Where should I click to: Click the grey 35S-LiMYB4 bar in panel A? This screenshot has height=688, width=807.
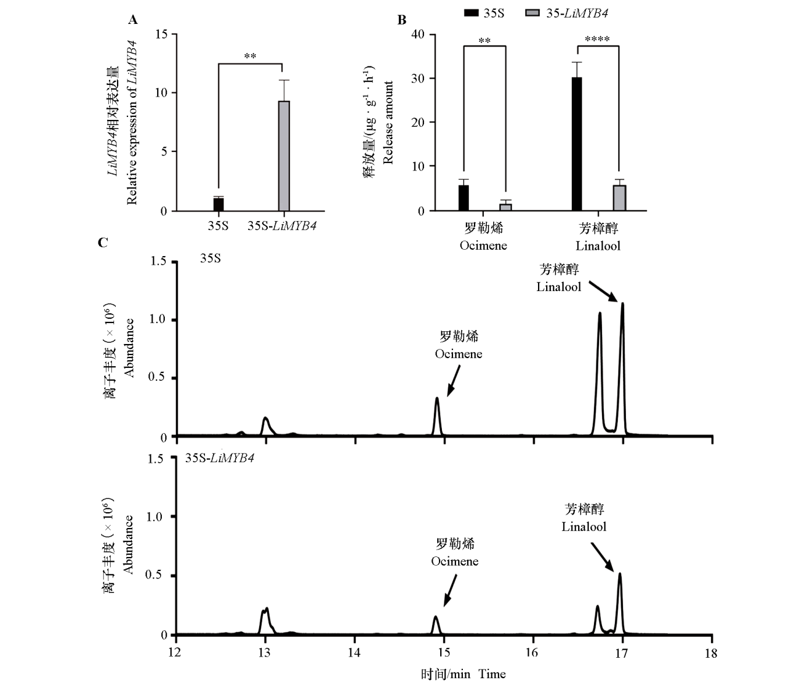coord(284,155)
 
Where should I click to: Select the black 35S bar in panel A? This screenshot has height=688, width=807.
coord(218,204)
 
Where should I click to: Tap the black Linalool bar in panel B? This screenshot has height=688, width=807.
coord(576,144)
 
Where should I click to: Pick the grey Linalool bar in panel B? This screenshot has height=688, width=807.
coord(619,198)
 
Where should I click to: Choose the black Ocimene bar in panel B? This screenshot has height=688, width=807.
coord(463,198)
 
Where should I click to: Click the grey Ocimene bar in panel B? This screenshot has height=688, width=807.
coord(505,207)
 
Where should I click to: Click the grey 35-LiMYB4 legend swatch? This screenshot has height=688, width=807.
coord(533,13)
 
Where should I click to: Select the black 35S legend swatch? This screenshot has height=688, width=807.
coord(471,13)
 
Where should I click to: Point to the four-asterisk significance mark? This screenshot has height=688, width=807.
coord(597,40)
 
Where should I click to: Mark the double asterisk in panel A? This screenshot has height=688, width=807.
coord(250,56)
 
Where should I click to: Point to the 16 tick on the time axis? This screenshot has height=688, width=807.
coord(532,652)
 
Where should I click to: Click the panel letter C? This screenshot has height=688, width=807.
coord(102,242)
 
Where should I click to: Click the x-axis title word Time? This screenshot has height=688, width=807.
coord(492,674)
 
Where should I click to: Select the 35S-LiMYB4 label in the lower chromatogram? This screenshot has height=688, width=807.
coord(220,458)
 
